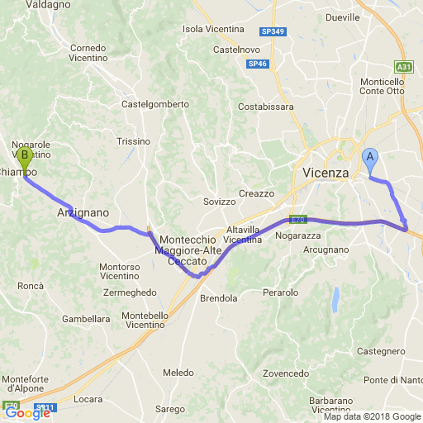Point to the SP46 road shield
click(x=257, y=64)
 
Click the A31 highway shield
click(x=403, y=67)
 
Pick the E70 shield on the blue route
click(x=297, y=220)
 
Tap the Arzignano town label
click(x=83, y=212)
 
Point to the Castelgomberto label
click(x=155, y=104)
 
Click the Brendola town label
click(x=219, y=298)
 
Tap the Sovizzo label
click(x=220, y=202)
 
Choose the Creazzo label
click(x=256, y=193)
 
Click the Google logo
click(x=27, y=413)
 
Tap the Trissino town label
click(x=133, y=141)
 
